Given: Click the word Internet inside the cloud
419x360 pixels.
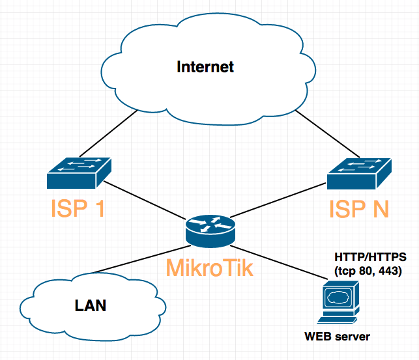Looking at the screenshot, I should [205, 66].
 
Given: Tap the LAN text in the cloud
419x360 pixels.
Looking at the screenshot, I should [91, 305].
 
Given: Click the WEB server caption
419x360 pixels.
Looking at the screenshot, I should [338, 337].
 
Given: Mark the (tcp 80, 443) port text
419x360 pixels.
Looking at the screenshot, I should [369, 270].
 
